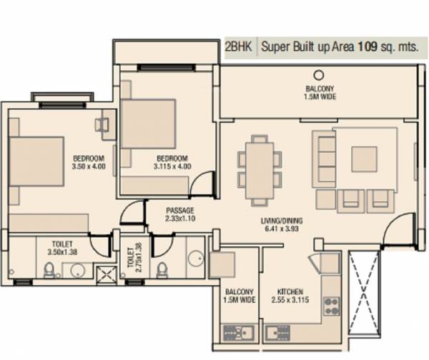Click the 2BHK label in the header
(x=237, y=48)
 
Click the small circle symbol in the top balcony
(x=319, y=74)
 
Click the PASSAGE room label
(x=180, y=210)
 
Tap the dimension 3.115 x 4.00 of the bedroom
(x=172, y=167)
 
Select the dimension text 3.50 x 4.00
(x=89, y=167)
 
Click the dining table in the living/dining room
(x=256, y=167)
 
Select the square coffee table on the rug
(x=364, y=159)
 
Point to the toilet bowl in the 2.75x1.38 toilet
(x=162, y=270)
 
